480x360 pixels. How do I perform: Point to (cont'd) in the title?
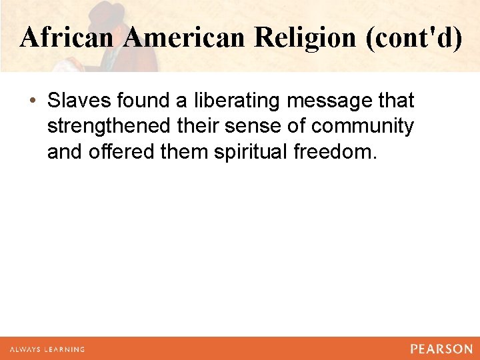point(413,37)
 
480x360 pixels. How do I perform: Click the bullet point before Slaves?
point(33,101)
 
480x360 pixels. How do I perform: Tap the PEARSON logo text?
point(441,349)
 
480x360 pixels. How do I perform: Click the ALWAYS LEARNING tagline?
point(47,349)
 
